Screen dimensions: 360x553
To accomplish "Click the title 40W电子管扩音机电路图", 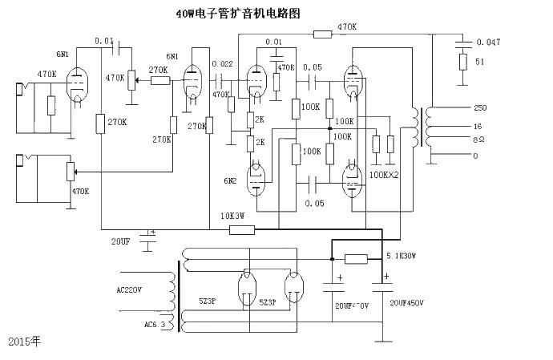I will (x=240, y=14).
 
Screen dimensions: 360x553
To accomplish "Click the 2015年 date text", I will (x=24, y=341).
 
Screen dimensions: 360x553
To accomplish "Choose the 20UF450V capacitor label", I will (x=407, y=303).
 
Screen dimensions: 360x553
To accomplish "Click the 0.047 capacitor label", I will (x=488, y=41).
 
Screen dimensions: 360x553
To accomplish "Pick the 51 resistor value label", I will (x=480, y=62).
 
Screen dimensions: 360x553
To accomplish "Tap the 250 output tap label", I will (x=480, y=108).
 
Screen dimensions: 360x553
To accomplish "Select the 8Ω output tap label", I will (x=480, y=140).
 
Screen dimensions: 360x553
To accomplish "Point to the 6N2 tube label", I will (x=231, y=181).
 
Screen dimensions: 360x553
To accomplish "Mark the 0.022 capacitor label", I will (x=222, y=63).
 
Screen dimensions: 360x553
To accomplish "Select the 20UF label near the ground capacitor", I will (x=120, y=241).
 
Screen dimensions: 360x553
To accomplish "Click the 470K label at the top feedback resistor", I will (x=347, y=27).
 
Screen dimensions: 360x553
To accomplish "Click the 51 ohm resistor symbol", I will (x=462, y=62).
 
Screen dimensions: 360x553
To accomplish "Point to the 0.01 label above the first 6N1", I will (x=103, y=40).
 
